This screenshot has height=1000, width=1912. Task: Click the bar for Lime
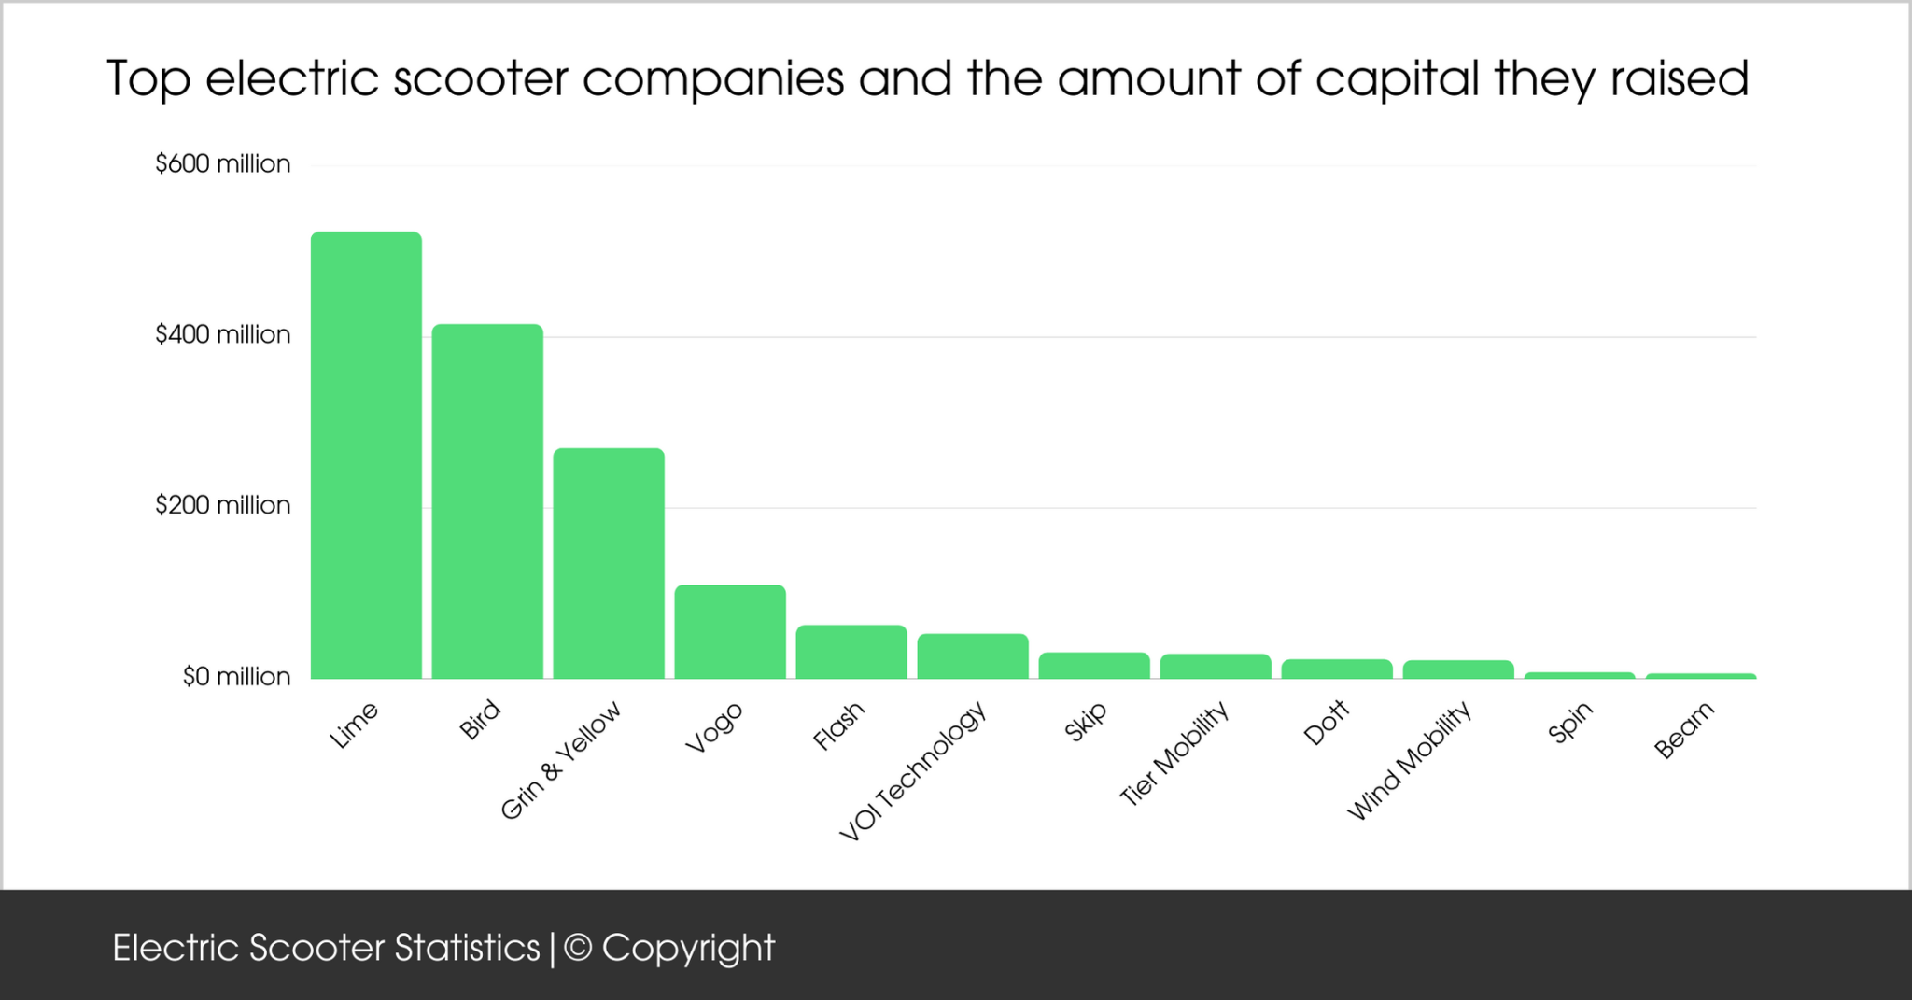(x=366, y=455)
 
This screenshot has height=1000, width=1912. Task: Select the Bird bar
(x=487, y=501)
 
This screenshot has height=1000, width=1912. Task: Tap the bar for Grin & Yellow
(x=609, y=563)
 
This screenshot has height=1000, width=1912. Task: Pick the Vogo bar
(x=730, y=631)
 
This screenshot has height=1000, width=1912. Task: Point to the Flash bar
(x=851, y=652)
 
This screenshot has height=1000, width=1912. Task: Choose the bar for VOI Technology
(x=973, y=656)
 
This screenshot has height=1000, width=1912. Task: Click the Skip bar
(x=1094, y=666)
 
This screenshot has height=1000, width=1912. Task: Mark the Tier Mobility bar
(x=1216, y=667)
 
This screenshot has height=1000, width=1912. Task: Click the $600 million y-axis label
(x=223, y=164)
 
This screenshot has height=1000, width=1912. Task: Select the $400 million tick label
(x=223, y=334)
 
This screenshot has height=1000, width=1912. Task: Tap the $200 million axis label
(x=223, y=505)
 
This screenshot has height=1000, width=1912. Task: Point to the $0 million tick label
(x=236, y=676)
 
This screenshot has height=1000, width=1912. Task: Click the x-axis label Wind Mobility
(x=1409, y=760)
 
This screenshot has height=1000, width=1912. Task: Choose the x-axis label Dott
(x=1327, y=723)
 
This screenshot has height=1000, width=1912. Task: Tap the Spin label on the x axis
(x=1569, y=723)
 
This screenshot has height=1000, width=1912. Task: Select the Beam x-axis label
(x=1684, y=730)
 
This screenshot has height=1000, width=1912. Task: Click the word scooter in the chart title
(x=480, y=78)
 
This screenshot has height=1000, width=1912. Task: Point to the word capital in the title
(x=1398, y=80)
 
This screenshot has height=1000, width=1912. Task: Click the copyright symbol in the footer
(x=579, y=948)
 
